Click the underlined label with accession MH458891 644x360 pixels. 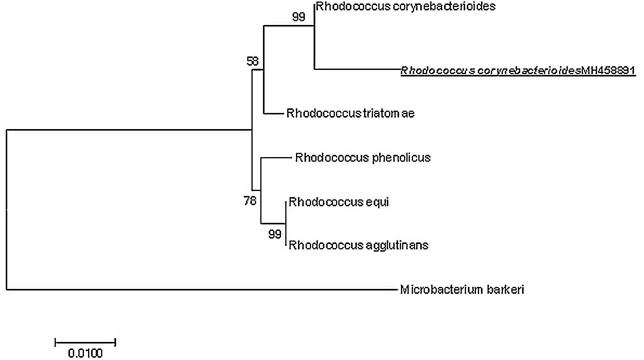coord(518,70)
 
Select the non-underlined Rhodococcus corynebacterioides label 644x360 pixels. coord(405,7)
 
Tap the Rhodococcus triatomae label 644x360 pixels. coord(350,113)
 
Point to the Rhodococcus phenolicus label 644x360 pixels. coord(363,158)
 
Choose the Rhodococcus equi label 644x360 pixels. coord(338,202)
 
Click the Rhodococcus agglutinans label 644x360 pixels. coord(358,245)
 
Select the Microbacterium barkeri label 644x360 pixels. coord(462,289)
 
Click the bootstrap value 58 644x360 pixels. coord(253,61)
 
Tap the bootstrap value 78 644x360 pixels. coord(250,201)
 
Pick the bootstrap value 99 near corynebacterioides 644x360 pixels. coord(298,17)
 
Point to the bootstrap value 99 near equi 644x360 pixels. coord(275,234)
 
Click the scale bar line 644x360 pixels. coord(85,342)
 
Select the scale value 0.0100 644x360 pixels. coord(85,353)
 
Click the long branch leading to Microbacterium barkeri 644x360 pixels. coord(200,289)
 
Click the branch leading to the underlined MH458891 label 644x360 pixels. coord(358,69)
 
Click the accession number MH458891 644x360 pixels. coord(608,70)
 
